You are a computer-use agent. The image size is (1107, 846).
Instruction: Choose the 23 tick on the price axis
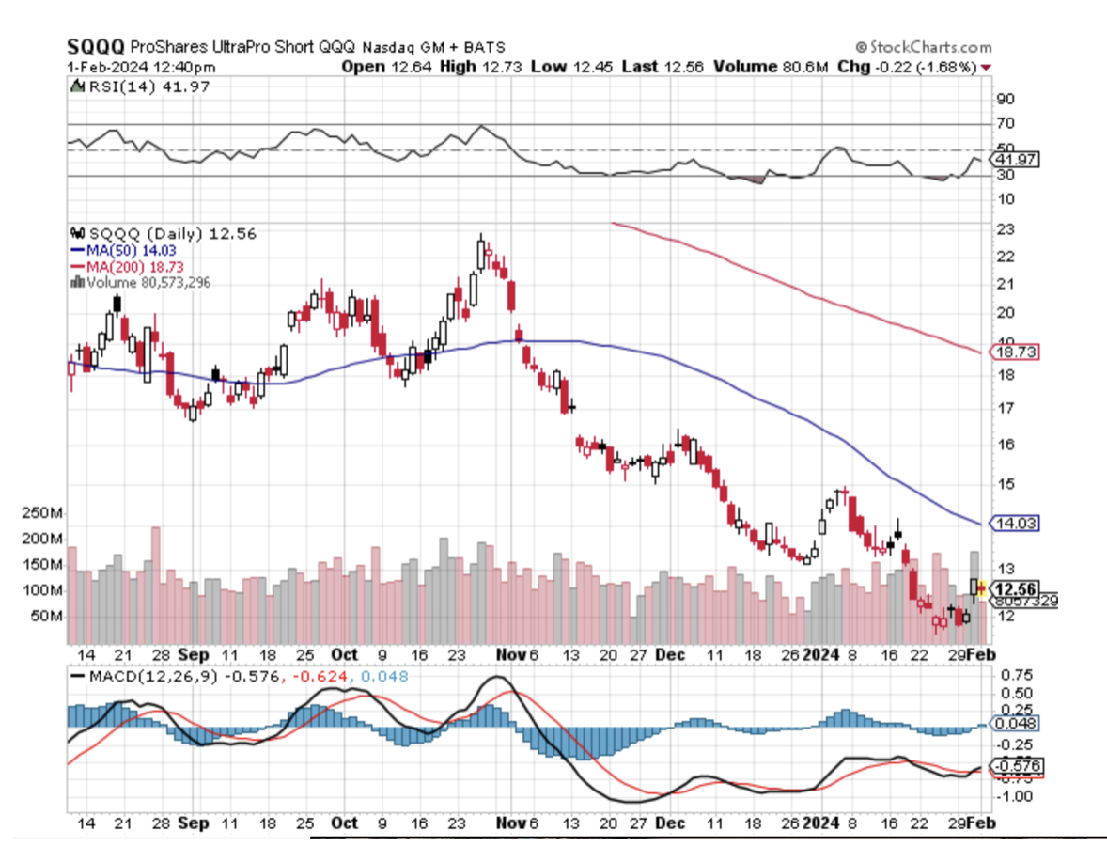(x=1005, y=229)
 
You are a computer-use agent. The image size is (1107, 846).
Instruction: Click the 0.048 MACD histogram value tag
(x=1016, y=725)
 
